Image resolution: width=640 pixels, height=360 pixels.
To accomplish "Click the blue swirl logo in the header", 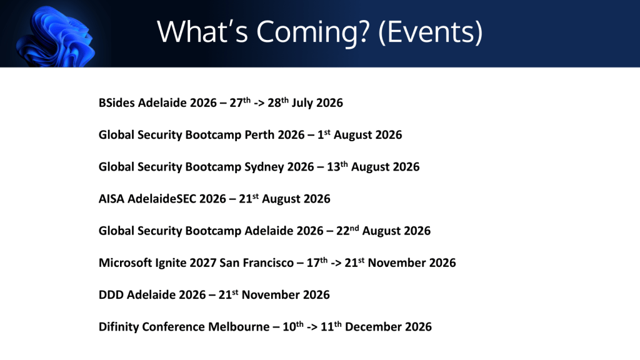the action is tap(56, 37).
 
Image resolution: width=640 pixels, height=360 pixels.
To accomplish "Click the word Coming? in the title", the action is tap(312, 32).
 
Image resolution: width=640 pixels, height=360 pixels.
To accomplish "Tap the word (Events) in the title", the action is tap(431, 32).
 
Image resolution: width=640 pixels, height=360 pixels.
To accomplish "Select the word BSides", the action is tap(116, 102).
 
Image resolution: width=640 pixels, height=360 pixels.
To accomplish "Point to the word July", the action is tap(302, 103).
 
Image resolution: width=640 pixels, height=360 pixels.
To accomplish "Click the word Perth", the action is tap(259, 135).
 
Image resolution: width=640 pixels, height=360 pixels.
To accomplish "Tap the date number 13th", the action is tap(337, 166).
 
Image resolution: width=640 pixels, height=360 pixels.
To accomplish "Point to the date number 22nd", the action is tap(347, 230).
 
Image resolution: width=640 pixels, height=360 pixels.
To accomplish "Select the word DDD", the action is tap(111, 295).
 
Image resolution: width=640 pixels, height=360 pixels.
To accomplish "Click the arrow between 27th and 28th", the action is tap(259, 103).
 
